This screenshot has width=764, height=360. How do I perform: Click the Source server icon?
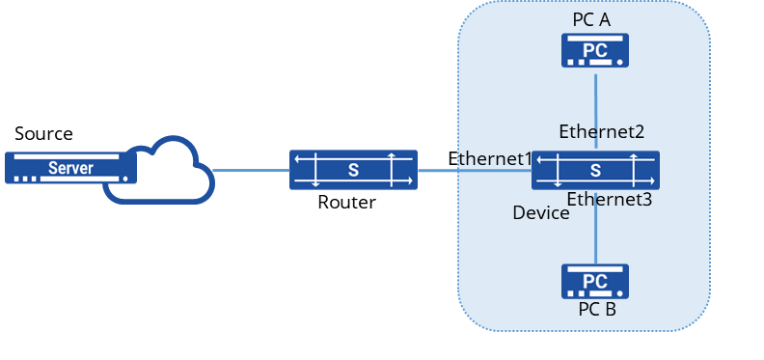(x=70, y=168)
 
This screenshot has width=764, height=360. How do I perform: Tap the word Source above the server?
(x=43, y=133)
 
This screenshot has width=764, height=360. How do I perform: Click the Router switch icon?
(x=353, y=170)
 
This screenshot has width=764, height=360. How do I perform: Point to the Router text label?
(x=346, y=202)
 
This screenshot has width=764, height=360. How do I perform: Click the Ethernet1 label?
(x=489, y=159)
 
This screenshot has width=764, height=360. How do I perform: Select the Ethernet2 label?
(x=601, y=131)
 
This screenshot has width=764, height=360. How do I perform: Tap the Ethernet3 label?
(x=609, y=199)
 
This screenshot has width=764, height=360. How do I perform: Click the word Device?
(x=541, y=213)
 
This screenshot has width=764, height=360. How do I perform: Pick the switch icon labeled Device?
(x=595, y=170)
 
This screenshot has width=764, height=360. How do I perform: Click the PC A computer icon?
(x=595, y=50)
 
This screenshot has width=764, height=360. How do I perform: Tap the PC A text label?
(x=591, y=20)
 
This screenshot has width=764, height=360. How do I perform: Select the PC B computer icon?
(x=595, y=282)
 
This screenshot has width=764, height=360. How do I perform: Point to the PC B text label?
(x=597, y=309)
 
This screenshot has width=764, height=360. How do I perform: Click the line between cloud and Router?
(x=252, y=170)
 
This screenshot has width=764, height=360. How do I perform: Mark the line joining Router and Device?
(x=475, y=170)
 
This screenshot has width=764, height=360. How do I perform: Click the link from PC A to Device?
(x=595, y=111)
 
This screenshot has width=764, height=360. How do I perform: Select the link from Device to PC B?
(x=595, y=229)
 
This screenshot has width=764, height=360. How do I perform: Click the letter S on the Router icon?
(x=353, y=170)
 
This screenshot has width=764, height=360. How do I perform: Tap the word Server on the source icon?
(x=70, y=168)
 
